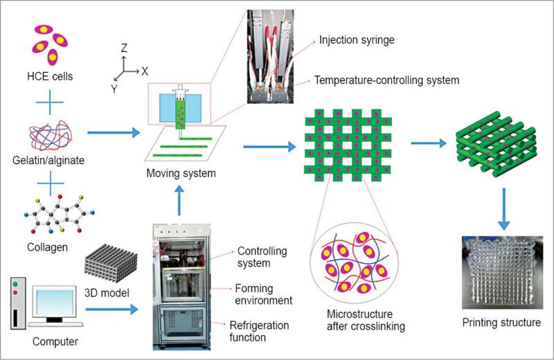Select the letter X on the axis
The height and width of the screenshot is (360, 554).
pyautogui.click(x=145, y=71)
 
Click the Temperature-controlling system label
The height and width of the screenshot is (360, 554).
pyautogui.click(x=386, y=80)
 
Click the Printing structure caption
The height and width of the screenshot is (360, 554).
pyautogui.click(x=501, y=323)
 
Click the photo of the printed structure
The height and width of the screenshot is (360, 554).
pyautogui.click(x=501, y=271)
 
